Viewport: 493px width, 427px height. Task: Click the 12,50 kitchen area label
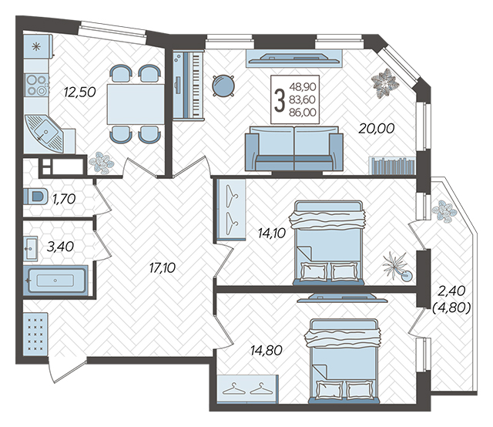click(79, 92)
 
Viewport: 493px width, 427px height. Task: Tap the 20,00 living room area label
click(377, 129)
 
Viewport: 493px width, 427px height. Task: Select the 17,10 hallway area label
click(163, 268)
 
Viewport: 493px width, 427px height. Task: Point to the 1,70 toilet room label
click(64, 199)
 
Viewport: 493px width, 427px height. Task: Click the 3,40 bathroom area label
click(60, 247)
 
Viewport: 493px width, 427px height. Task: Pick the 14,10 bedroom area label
click(272, 234)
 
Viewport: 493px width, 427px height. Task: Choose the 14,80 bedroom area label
click(267, 350)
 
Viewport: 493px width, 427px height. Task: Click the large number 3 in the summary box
click(279, 100)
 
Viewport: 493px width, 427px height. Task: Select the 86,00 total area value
click(303, 113)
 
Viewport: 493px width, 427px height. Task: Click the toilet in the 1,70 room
click(35, 197)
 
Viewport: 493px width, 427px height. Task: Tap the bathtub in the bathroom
click(55, 281)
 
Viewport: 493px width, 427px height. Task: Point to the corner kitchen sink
click(44, 134)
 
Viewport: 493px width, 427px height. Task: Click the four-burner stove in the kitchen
click(36, 86)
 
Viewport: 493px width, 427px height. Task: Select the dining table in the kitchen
click(136, 104)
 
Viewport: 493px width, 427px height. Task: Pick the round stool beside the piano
click(223, 86)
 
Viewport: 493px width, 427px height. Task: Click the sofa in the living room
click(294, 148)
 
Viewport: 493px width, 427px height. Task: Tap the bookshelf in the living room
click(392, 166)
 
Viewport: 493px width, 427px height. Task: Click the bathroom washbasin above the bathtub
click(31, 249)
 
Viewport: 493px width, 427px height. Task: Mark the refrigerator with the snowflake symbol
click(38, 46)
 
